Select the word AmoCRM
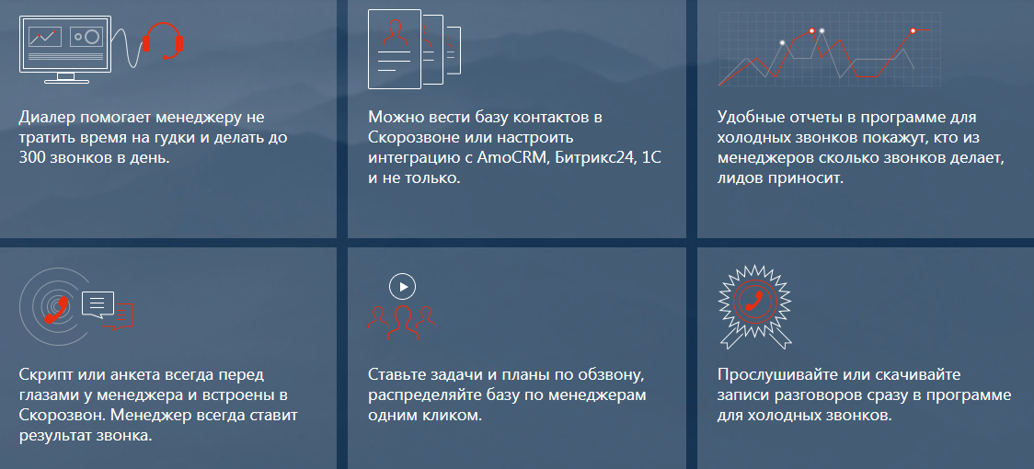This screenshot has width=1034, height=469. point(512,158)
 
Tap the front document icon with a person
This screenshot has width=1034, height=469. point(395,49)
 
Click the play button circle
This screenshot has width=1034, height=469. point(402,287)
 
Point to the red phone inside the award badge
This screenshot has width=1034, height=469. point(754,301)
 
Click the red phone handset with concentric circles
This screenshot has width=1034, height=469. point(58,309)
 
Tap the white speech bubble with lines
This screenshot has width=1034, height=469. point(98,303)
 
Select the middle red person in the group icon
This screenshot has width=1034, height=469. point(402,321)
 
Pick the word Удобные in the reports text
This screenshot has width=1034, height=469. point(747,118)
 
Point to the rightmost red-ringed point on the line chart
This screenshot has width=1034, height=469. point(913,30)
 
